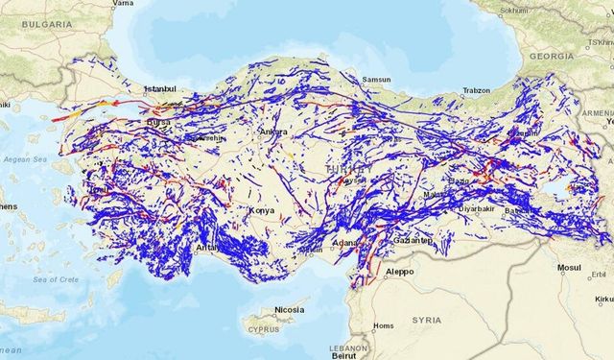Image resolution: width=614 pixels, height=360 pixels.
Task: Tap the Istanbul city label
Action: [161, 89]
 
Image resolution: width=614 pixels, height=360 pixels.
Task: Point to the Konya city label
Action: [261, 210]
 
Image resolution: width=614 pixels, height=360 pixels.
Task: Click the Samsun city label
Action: [376, 80]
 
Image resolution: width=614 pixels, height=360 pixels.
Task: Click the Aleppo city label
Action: [399, 272]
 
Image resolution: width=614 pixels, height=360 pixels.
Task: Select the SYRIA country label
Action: [427, 319]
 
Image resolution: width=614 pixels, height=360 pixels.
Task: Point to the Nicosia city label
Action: [289, 311]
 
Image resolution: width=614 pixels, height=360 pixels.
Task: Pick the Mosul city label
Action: [569, 269]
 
